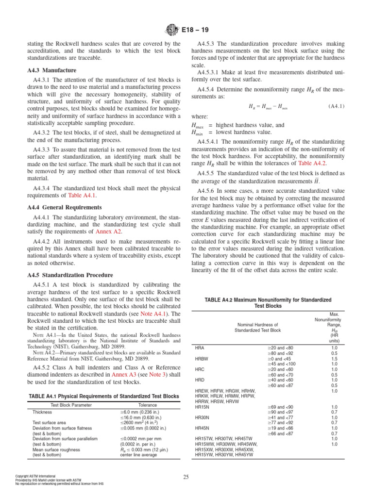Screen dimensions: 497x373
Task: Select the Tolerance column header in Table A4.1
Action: (x=147, y=404)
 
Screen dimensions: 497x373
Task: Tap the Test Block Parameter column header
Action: (x=68, y=404)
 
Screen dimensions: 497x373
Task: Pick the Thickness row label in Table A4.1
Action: (x=42, y=412)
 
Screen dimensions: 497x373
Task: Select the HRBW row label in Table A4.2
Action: (x=202, y=358)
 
